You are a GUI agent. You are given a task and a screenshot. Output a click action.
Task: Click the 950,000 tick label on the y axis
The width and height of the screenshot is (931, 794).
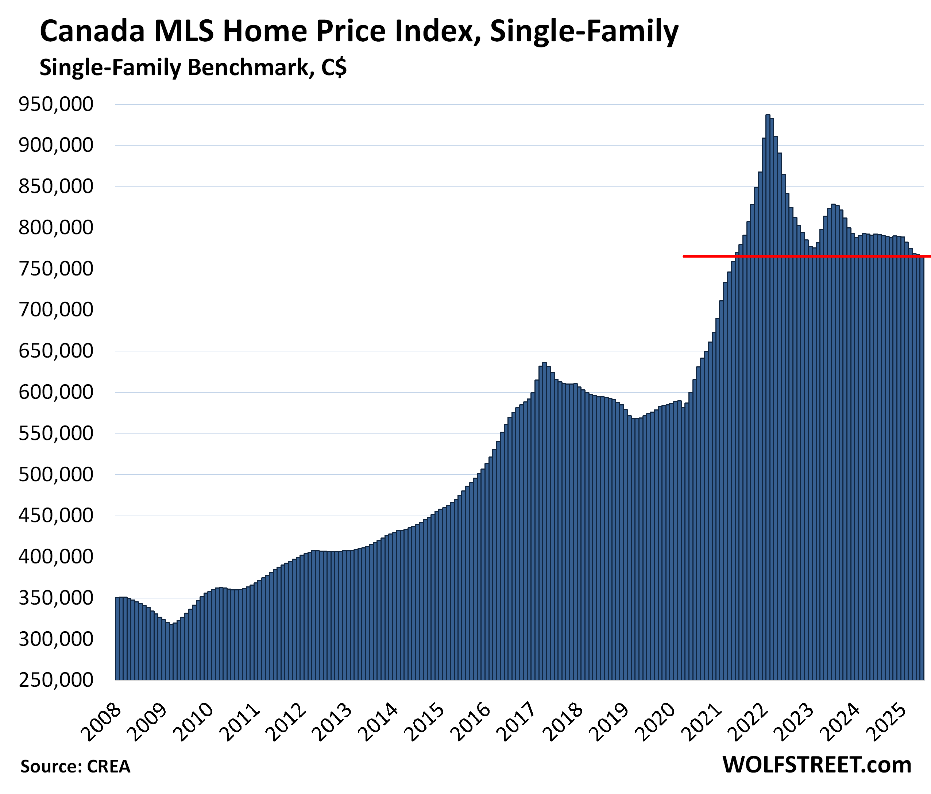pyautogui.click(x=56, y=104)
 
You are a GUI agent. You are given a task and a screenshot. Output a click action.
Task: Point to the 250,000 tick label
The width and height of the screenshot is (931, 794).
pyautogui.click(x=56, y=679)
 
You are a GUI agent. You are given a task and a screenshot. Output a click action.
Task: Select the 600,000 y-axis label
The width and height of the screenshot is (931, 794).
pyautogui.click(x=56, y=392)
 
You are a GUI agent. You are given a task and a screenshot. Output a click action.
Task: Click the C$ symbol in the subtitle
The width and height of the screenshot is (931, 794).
pyautogui.click(x=334, y=68)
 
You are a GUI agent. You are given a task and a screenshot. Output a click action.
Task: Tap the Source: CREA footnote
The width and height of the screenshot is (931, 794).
pyautogui.click(x=75, y=767)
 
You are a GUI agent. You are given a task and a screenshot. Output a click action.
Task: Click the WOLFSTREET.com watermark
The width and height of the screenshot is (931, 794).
pyautogui.click(x=817, y=765)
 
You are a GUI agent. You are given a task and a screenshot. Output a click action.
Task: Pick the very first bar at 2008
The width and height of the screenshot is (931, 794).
pyautogui.click(x=117, y=638)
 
